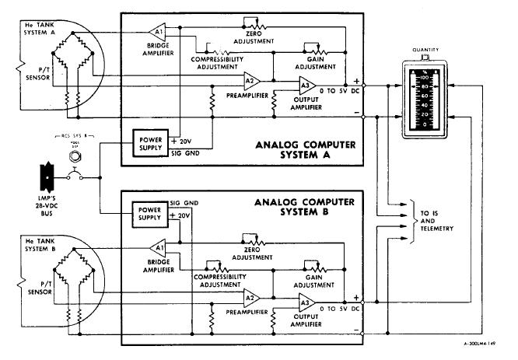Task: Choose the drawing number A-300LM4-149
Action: click(474, 342)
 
